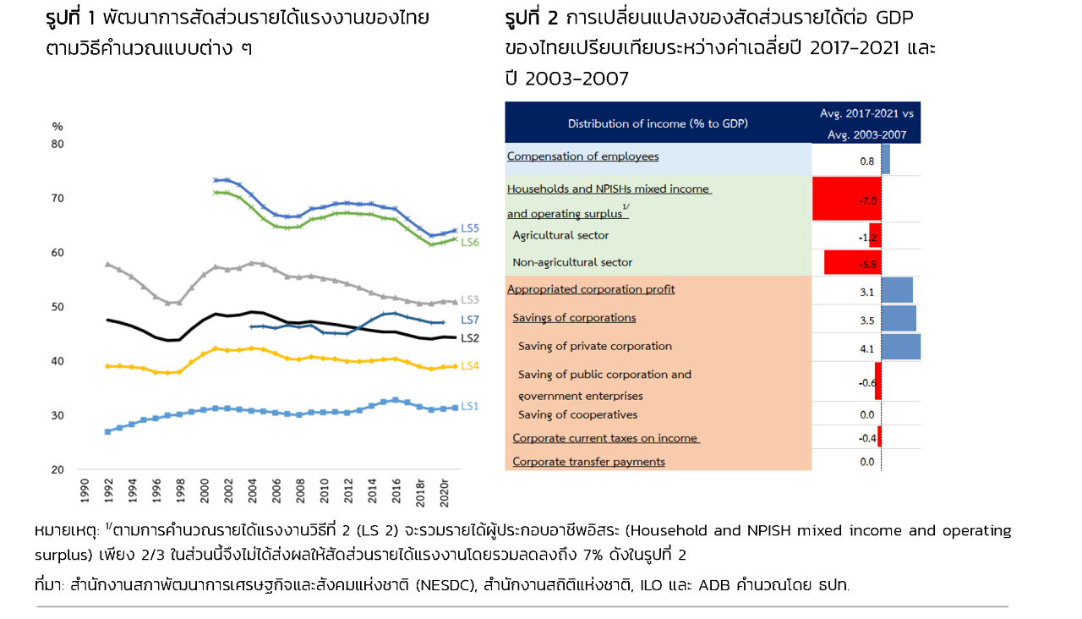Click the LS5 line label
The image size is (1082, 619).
point(470,228)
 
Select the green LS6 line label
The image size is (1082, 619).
point(470,242)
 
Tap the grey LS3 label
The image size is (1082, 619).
point(470,300)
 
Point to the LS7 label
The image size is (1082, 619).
point(470,320)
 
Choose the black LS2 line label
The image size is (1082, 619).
point(470,338)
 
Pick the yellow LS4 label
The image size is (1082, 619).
point(470,365)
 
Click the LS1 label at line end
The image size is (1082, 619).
point(470,407)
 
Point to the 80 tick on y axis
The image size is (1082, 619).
point(57,144)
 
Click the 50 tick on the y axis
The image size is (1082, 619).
point(57,307)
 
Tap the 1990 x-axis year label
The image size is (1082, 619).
point(85,491)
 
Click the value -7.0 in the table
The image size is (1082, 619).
point(866,200)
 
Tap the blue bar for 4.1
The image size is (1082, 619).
point(900,347)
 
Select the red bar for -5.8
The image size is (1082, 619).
point(852,262)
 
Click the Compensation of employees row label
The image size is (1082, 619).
point(582,156)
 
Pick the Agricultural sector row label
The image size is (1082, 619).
point(560,235)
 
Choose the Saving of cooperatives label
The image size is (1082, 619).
point(577,414)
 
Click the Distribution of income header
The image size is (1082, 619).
point(658,123)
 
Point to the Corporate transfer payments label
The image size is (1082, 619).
point(588,462)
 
